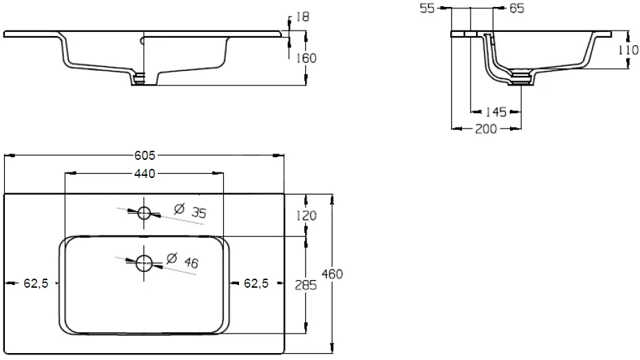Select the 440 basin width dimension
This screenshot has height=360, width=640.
pyautogui.click(x=145, y=173)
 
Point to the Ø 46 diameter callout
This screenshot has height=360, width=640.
pyautogui.click(x=183, y=262)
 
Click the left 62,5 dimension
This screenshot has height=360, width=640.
pyautogui.click(x=35, y=283)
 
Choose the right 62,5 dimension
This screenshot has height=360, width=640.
pyautogui.click(x=255, y=283)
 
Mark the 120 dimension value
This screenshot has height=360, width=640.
pyautogui.click(x=306, y=215)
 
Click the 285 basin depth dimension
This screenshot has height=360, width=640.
pyautogui.click(x=306, y=284)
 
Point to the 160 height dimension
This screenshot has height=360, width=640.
pyautogui.click(x=306, y=58)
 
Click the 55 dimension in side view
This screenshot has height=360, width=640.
pyautogui.click(x=428, y=8)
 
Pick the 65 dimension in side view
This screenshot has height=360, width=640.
pyautogui.click(x=516, y=8)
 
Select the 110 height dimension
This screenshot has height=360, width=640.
pyautogui.click(x=627, y=49)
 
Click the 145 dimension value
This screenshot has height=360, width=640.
pyautogui.click(x=495, y=111)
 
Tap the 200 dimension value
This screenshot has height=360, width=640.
pyautogui.click(x=486, y=129)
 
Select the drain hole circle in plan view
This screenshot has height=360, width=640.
pyautogui.click(x=145, y=262)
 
